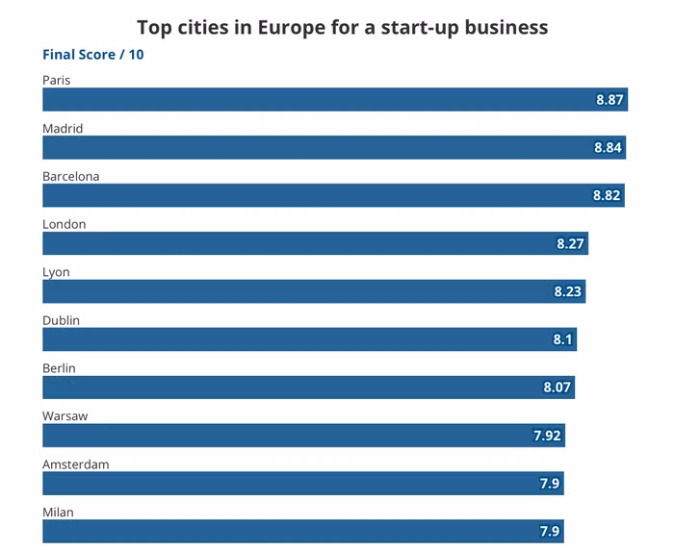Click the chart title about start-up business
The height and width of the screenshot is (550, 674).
coord(342,27)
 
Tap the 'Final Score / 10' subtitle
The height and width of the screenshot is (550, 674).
coord(93,55)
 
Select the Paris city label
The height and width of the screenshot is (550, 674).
coord(57,80)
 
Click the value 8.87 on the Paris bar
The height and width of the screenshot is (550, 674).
coord(609,100)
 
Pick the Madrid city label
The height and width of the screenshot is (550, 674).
coord(63,128)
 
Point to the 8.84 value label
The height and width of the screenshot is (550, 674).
coord(608,148)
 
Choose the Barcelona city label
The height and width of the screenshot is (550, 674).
coord(71,176)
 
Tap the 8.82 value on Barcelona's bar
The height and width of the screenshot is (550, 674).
coord(608,196)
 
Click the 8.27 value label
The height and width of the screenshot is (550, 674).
coord(570,244)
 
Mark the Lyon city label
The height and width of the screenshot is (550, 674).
coord(56,272)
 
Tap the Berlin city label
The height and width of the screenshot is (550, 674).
coord(59,368)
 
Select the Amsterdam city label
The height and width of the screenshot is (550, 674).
coord(75,464)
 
